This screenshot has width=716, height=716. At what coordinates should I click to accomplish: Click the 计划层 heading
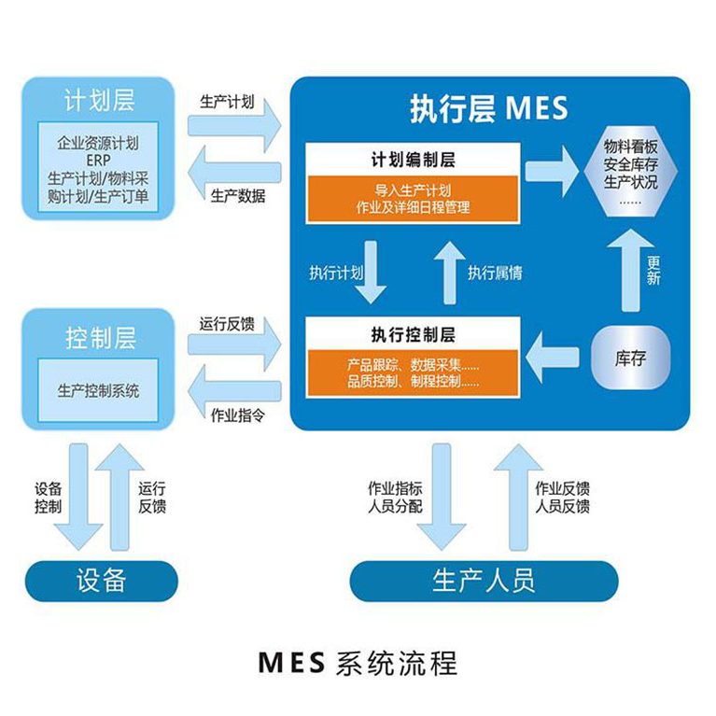tap(99, 99)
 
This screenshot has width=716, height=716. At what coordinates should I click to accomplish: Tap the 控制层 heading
tap(99, 337)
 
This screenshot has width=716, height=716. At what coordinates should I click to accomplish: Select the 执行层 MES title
tap(488, 108)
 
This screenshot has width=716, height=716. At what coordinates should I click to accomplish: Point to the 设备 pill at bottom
tap(100, 581)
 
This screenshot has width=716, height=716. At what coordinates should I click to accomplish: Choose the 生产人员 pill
tap(484, 581)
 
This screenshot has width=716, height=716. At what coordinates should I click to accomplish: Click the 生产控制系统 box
tap(98, 390)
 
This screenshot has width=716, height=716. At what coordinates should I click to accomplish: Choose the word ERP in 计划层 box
tap(98, 160)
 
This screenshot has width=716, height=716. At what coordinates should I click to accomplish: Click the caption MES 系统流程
tap(358, 664)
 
